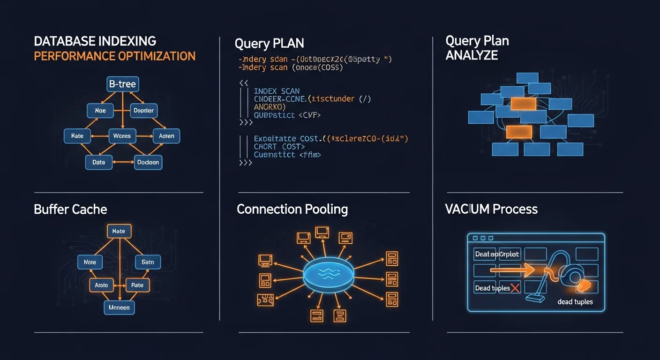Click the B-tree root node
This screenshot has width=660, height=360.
click(x=123, y=84)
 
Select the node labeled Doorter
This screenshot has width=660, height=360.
click(x=143, y=111)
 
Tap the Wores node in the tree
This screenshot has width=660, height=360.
click(x=122, y=136)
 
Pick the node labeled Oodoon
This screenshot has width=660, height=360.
click(x=148, y=162)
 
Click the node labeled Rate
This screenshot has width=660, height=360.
click(x=77, y=136)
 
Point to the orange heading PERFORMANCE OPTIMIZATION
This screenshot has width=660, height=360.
click(x=115, y=56)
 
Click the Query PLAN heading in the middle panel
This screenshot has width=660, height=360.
click(x=269, y=44)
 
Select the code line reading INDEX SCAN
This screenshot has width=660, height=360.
click(x=277, y=91)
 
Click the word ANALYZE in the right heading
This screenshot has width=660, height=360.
click(x=472, y=55)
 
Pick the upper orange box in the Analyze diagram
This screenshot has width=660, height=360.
click(x=523, y=104)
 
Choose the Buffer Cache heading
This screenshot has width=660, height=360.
click(x=70, y=209)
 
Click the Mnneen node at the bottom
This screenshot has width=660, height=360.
click(x=119, y=307)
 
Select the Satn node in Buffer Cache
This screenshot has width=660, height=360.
click(x=148, y=262)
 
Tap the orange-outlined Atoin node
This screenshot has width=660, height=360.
click(x=101, y=285)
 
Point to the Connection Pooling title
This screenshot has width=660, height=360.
click(x=292, y=209)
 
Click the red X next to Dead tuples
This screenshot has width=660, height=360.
click(x=515, y=288)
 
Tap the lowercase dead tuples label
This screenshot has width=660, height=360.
click(x=575, y=302)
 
